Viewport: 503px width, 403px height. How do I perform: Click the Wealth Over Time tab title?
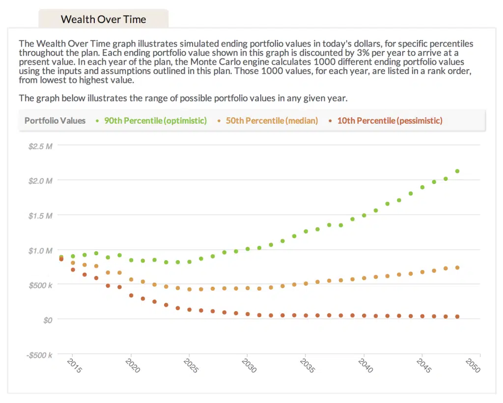tap(103, 20)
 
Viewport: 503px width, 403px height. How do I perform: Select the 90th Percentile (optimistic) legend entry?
tap(155, 121)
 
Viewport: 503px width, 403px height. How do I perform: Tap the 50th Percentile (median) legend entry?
tap(272, 121)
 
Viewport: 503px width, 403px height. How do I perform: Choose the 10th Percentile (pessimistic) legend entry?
tap(390, 121)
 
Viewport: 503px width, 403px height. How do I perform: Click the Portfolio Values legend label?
tap(55, 121)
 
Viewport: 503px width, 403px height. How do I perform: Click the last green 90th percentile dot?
tap(457, 171)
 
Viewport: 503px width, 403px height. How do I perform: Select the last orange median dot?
tap(457, 268)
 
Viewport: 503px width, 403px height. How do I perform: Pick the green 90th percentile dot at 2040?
tap(364, 215)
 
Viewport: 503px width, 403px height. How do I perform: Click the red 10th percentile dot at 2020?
tap(131, 296)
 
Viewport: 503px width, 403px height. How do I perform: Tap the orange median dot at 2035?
tap(306, 283)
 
